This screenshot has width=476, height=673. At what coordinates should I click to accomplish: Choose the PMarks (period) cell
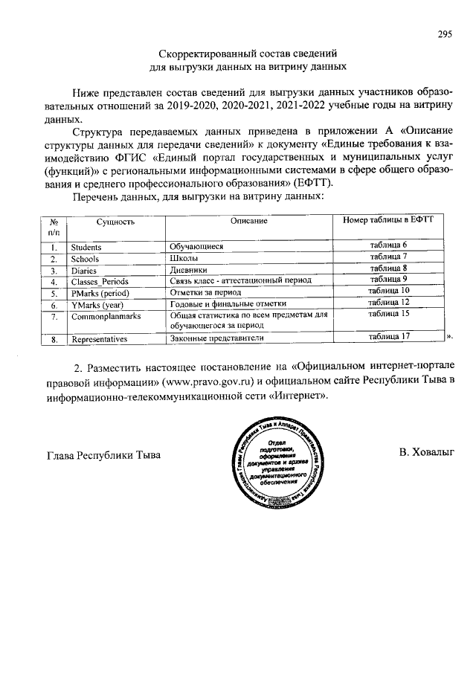point(100,293)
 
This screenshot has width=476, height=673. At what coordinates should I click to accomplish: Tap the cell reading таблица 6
point(389,245)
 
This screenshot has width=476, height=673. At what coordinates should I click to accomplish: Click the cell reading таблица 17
point(389,338)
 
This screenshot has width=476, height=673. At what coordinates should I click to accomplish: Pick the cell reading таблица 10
point(389,291)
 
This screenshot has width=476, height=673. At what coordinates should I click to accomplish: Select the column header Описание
point(248,222)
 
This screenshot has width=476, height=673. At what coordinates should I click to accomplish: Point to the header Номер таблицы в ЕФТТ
point(388,221)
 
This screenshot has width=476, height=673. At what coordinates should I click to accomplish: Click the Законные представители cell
point(216,339)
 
